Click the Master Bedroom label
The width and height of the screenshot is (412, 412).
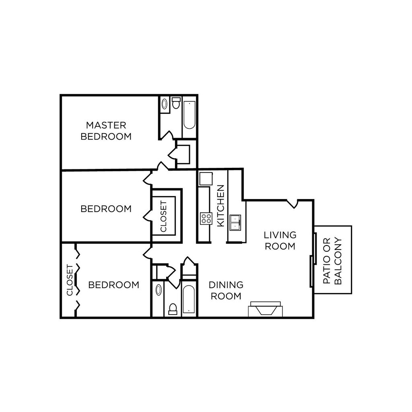point(106,131)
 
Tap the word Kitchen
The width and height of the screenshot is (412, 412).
point(220,206)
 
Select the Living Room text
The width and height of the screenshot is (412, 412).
point(280,240)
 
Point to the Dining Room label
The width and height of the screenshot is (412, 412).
point(226,290)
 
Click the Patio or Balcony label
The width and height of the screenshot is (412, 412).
point(332,261)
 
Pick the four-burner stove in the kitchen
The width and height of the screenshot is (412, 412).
point(206,218)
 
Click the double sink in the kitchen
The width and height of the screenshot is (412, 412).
point(235,222)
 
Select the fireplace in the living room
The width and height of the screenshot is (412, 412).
point(265,309)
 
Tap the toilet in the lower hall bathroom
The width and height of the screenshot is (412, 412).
point(172,309)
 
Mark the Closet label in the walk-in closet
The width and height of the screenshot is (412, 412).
point(164,216)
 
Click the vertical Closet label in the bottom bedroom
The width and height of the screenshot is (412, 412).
point(70,280)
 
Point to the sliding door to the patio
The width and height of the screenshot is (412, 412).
point(312,260)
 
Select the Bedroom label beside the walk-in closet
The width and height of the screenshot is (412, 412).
point(106,209)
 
